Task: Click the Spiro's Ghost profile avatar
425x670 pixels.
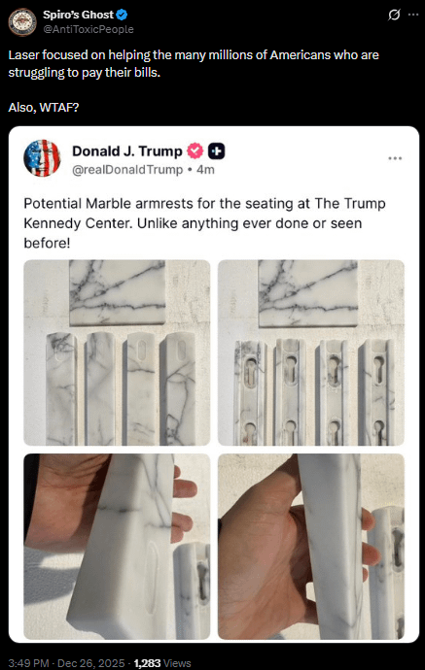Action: (22, 22)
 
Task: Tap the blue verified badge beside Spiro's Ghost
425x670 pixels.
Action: (122, 15)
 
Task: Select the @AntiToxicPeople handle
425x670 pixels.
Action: (89, 29)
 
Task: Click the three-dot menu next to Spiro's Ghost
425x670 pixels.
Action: (413, 15)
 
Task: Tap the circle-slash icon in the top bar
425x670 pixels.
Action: (394, 15)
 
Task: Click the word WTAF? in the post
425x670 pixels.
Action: (59, 107)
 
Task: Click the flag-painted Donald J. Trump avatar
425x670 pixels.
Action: (42, 158)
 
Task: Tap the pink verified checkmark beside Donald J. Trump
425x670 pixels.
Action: (195, 151)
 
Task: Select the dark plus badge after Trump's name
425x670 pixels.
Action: (217, 151)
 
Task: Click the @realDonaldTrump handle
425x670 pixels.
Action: (127, 170)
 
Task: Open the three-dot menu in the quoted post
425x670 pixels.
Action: (395, 158)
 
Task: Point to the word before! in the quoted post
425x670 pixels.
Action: (47, 243)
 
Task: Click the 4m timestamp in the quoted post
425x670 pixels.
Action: (205, 170)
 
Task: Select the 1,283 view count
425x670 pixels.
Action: (147, 663)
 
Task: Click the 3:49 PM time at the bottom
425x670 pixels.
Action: (28, 663)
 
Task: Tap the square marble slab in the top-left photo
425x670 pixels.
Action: (118, 292)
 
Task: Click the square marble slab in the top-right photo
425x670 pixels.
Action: (308, 293)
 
